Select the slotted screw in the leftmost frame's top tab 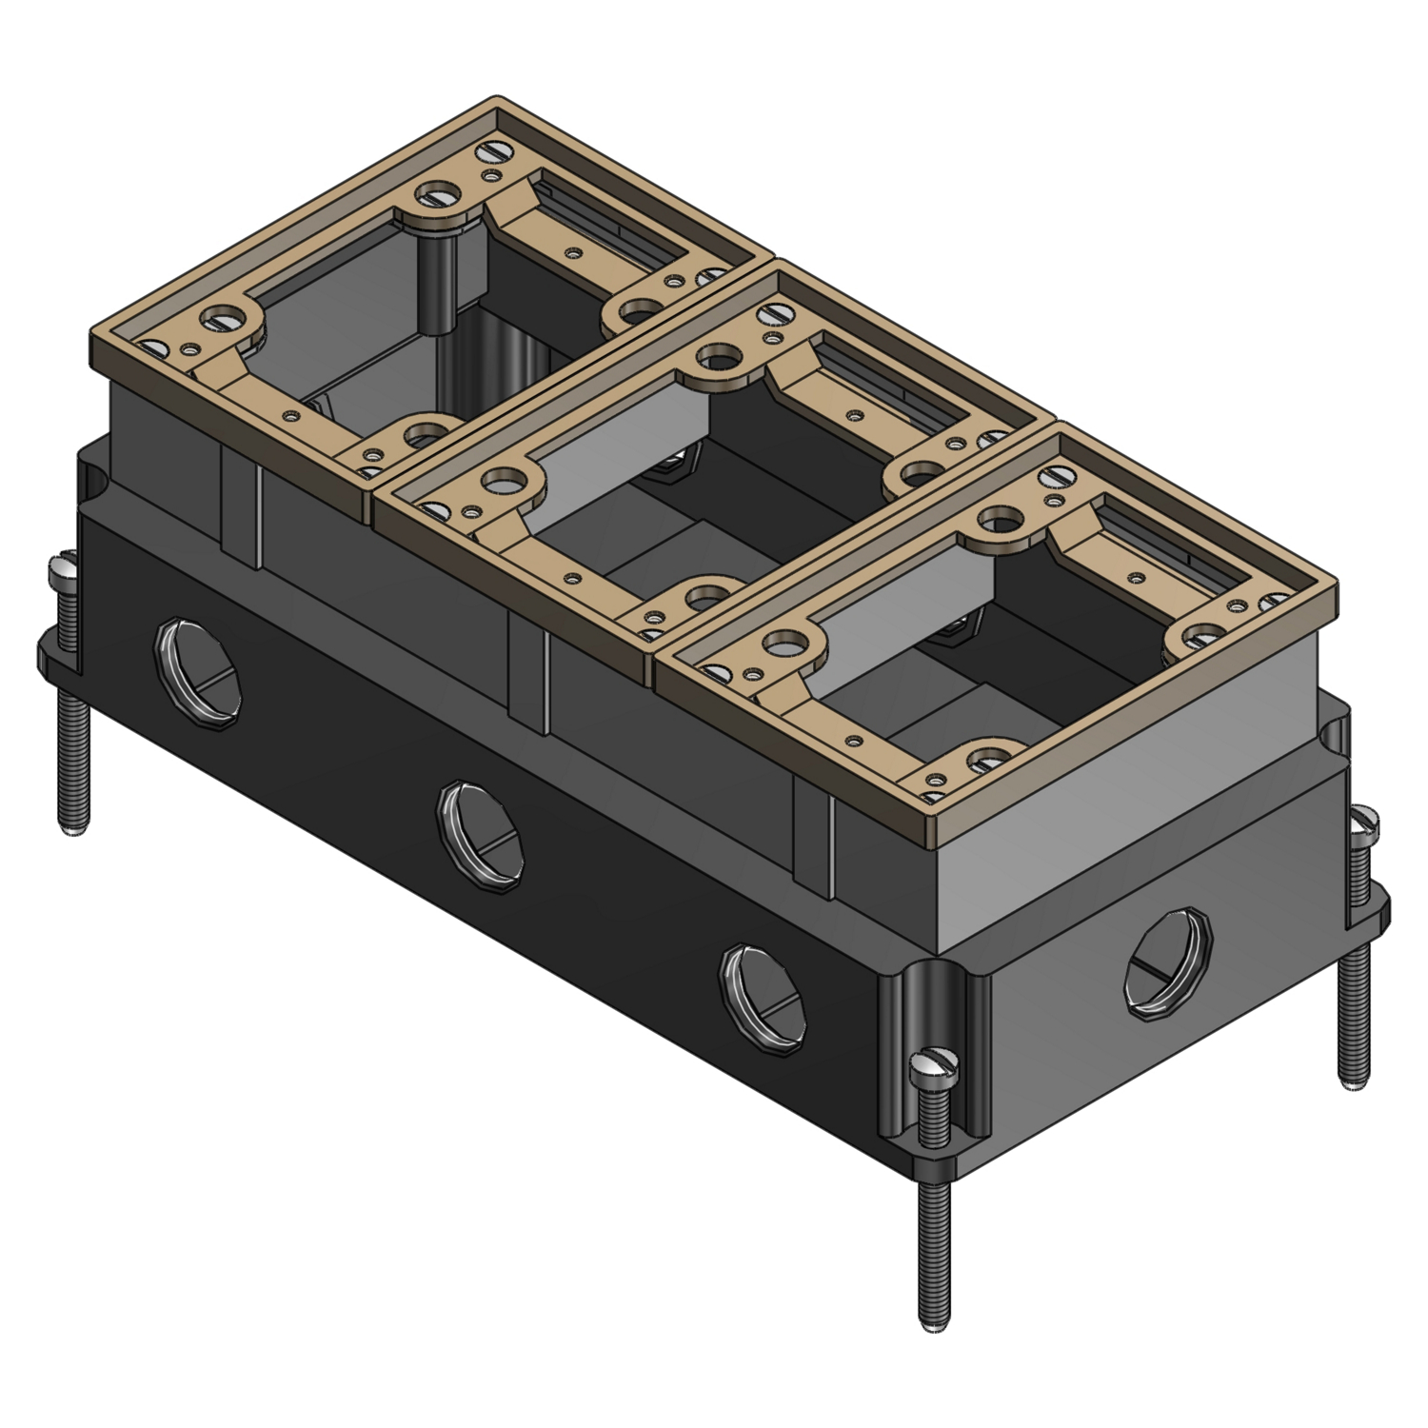tap(440, 200)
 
